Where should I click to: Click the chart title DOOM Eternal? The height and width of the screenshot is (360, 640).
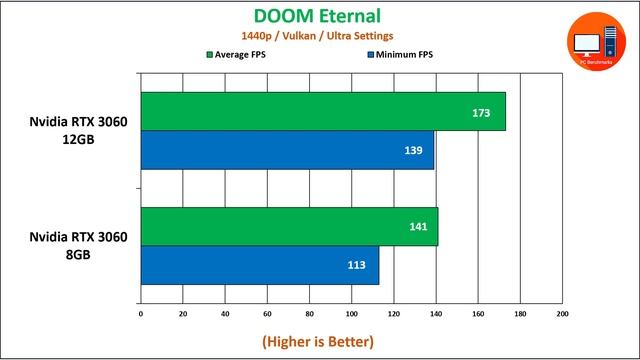point(319,16)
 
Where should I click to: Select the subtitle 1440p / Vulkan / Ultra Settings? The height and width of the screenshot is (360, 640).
point(319,36)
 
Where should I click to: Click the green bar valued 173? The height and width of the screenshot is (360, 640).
point(322,111)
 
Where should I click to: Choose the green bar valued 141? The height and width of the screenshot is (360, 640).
point(289,227)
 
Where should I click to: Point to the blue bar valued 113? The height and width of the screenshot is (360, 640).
point(260,265)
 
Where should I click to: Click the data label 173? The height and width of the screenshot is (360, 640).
point(481,112)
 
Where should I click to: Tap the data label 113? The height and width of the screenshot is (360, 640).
point(356,266)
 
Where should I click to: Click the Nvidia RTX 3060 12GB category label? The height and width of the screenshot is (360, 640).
point(79,131)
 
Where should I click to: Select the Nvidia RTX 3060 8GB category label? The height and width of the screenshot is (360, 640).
point(79,246)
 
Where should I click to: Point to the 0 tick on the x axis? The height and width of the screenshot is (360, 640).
point(141,314)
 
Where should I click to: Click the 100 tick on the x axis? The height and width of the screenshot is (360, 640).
point(351,314)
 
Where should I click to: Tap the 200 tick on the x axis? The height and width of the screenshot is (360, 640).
point(562,314)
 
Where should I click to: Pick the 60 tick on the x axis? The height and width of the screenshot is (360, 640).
point(267,314)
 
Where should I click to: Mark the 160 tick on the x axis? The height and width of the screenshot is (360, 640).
point(478,314)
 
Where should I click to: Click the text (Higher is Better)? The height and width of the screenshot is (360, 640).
point(319,341)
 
